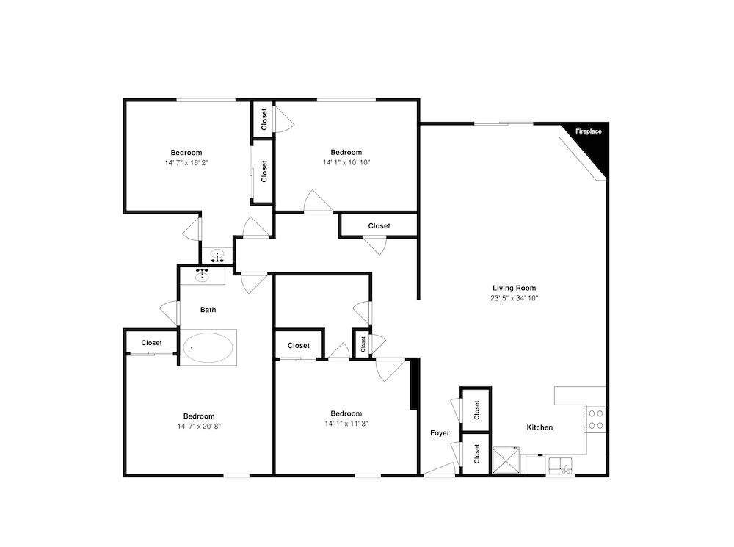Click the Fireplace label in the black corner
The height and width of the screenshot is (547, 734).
point(589,131)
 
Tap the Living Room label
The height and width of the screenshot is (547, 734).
point(514,288)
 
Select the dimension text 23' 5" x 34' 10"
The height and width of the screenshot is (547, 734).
point(514,298)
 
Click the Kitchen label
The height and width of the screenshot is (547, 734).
point(539,427)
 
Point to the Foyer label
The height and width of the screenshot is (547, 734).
point(440,433)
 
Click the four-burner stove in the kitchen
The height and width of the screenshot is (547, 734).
point(595,420)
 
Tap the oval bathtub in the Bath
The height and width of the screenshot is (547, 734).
point(208,347)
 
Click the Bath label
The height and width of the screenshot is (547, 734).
point(208,310)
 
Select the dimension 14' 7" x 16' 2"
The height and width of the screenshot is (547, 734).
point(186,163)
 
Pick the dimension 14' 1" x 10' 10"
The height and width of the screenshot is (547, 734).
point(346,162)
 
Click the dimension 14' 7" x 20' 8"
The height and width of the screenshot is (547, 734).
point(199,427)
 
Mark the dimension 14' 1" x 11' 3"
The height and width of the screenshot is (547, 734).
point(346,424)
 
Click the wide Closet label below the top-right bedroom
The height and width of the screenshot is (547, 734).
point(379,225)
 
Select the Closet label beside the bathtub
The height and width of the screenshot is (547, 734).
point(152,343)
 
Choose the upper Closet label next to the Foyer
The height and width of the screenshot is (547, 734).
point(477,410)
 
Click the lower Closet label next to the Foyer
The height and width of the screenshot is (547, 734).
point(477,454)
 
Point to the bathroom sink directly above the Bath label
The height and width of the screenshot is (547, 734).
point(203,275)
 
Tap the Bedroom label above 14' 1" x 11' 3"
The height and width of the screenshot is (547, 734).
point(346,413)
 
